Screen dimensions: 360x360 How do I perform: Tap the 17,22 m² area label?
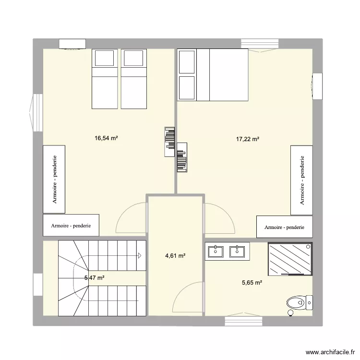point(248,139)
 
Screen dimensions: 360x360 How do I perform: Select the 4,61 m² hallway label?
point(175,256)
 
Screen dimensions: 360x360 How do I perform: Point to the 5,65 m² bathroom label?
point(252,283)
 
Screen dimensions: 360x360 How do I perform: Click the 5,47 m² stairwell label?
point(94,278)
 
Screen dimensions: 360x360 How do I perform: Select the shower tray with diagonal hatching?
point(290,259)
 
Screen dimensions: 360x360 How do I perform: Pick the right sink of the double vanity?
point(237,251)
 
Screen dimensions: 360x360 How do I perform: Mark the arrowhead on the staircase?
point(140,255)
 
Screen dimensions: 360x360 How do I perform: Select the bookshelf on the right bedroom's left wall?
point(182,158)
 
